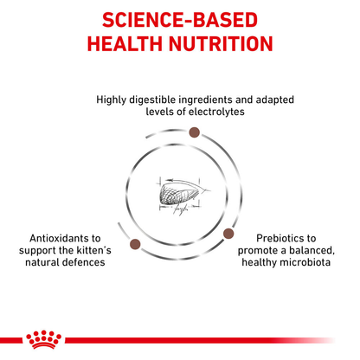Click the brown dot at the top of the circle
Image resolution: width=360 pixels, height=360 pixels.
pyautogui.click(x=195, y=132)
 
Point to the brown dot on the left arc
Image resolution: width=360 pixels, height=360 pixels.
pyautogui.click(x=134, y=245)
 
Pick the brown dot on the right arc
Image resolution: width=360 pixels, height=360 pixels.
pyautogui.click(x=228, y=234)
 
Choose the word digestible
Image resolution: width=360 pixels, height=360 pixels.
pyautogui.click(x=156, y=99)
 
